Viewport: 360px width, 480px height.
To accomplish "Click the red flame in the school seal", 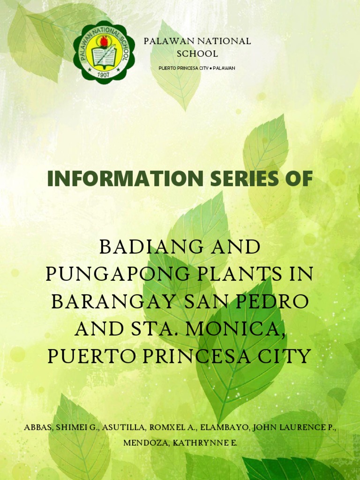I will tap(104, 41).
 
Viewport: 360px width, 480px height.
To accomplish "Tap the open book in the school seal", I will tap(104, 56).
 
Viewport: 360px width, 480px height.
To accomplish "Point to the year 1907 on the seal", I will tap(104, 74).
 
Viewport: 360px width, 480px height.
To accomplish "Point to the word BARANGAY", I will tap(109, 301).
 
